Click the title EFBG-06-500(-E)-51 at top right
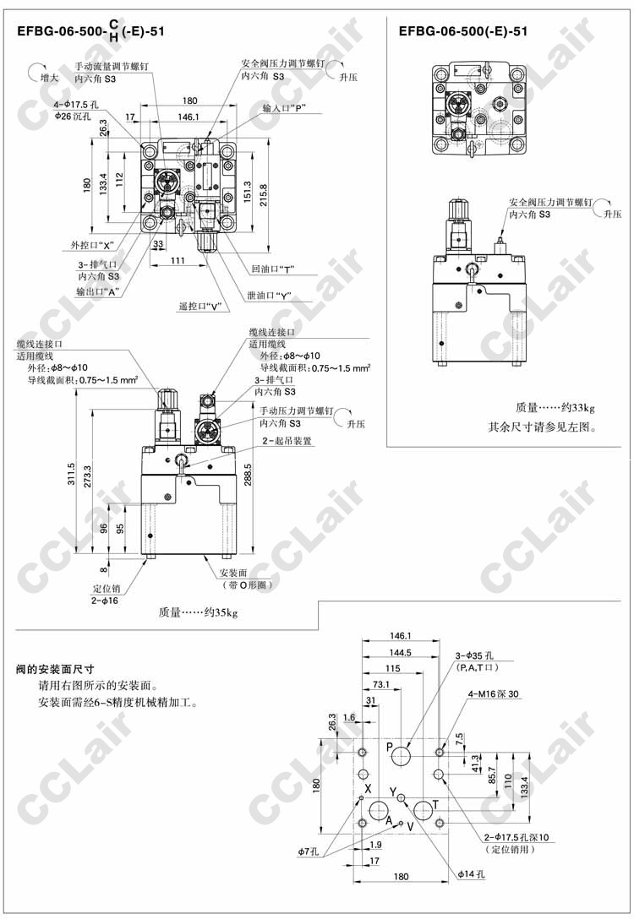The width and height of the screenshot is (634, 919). click(463, 32)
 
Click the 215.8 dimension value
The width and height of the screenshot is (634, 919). click(264, 192)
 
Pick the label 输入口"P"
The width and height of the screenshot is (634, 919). click(283, 108)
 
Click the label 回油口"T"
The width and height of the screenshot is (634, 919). click(272, 269)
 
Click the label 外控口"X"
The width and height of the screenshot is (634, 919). click(92, 246)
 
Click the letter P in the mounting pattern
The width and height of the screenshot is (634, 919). click(390, 748)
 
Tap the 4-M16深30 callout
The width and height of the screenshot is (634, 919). click(494, 694)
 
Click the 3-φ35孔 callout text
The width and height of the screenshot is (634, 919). click(479, 656)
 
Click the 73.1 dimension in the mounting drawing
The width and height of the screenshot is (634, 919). click(381, 685)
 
